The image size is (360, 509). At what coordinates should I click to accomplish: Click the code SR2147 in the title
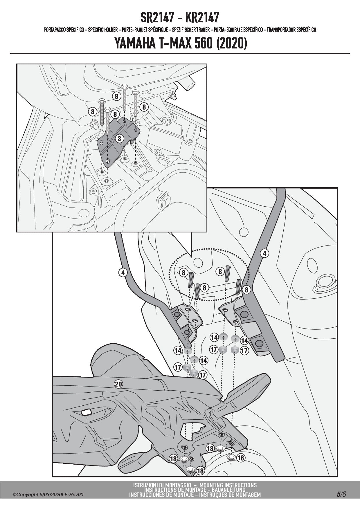point(159,18)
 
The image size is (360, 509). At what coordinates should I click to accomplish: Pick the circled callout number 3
point(119,138)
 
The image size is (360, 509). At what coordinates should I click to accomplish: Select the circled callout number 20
point(118,384)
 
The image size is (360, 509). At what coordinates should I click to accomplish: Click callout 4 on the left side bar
point(123,272)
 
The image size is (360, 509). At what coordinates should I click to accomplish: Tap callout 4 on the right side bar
point(264,253)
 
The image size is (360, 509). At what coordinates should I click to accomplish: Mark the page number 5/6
point(341,494)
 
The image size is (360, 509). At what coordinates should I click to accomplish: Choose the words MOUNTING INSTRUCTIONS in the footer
point(228,485)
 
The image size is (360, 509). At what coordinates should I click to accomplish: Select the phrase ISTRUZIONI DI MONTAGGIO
point(162,485)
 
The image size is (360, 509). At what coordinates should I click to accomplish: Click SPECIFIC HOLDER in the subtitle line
point(103,30)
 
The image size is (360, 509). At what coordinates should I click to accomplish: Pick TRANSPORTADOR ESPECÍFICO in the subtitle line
point(291,30)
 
